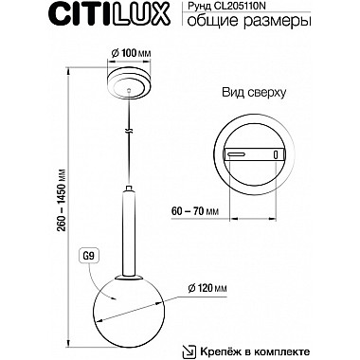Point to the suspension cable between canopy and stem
(x=129, y=142)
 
